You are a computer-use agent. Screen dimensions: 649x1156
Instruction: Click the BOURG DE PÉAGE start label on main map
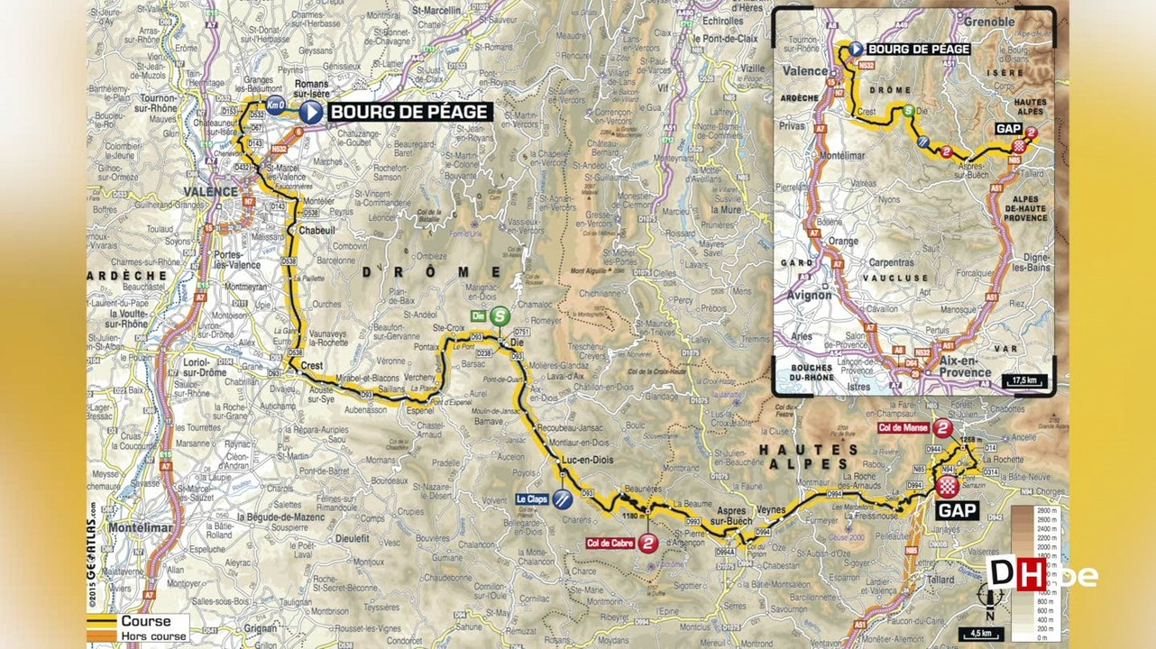point(409,112)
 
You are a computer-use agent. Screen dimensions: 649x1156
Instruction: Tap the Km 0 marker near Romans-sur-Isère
point(275,104)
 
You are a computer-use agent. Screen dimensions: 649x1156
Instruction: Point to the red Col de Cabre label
point(610,543)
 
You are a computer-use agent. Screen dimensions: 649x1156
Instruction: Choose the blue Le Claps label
point(533,498)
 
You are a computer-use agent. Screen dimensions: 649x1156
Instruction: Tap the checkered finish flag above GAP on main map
point(947,487)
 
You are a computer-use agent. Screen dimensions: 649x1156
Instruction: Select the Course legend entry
point(145,621)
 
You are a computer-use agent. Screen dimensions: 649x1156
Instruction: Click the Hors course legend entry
point(153,636)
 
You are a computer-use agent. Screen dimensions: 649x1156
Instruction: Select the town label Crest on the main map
point(312,366)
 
